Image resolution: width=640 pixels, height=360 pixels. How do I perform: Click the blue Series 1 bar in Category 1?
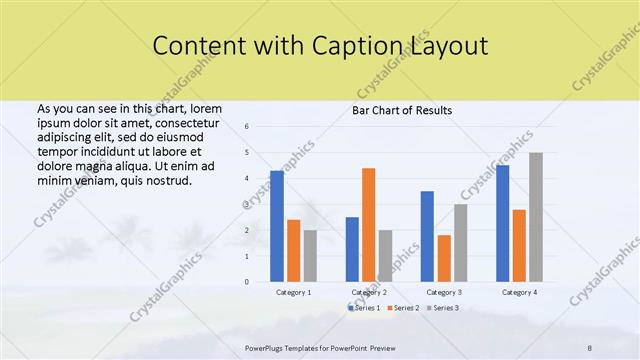(277, 227)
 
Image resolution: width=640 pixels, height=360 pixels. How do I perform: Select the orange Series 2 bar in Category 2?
(368, 225)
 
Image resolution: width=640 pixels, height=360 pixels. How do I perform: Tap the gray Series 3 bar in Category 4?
(536, 217)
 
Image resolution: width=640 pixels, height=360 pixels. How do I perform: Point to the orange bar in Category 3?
(443, 258)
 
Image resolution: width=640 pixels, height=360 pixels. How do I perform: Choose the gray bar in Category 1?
(310, 256)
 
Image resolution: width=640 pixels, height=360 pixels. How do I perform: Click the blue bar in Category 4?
(502, 223)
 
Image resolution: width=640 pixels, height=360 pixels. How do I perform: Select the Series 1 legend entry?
(362, 308)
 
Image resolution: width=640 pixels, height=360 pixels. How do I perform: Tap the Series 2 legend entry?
(402, 308)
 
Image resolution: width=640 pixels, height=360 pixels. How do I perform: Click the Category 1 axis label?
(293, 292)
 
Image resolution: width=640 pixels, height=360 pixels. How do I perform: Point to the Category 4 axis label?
(519, 292)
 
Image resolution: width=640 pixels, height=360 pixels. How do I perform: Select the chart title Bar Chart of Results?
(402, 110)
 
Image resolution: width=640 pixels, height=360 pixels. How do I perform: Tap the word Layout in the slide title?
(450, 46)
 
